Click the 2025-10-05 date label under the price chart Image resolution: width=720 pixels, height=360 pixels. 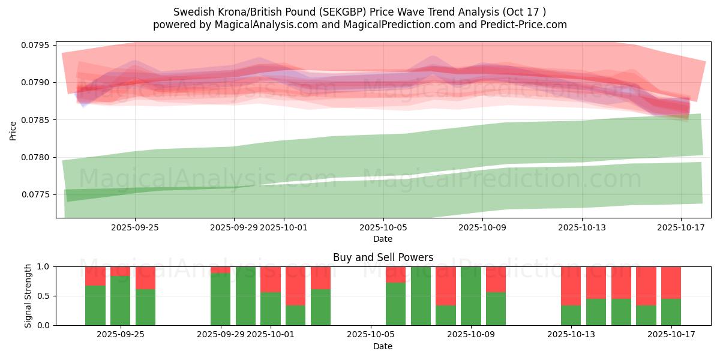383,228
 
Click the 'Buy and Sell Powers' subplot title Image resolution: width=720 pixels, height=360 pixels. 383,257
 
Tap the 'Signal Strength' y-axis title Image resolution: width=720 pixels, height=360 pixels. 28,296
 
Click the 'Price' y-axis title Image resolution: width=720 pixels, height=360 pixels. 13,130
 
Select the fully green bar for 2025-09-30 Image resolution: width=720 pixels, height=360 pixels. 245,296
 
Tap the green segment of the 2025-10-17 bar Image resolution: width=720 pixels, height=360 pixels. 671,312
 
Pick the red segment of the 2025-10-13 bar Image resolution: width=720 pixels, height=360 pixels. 571,286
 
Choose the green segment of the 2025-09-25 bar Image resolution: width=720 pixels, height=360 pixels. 145,307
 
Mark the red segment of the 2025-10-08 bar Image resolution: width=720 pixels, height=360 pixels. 446,286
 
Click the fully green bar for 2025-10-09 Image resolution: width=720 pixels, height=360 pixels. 471,296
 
